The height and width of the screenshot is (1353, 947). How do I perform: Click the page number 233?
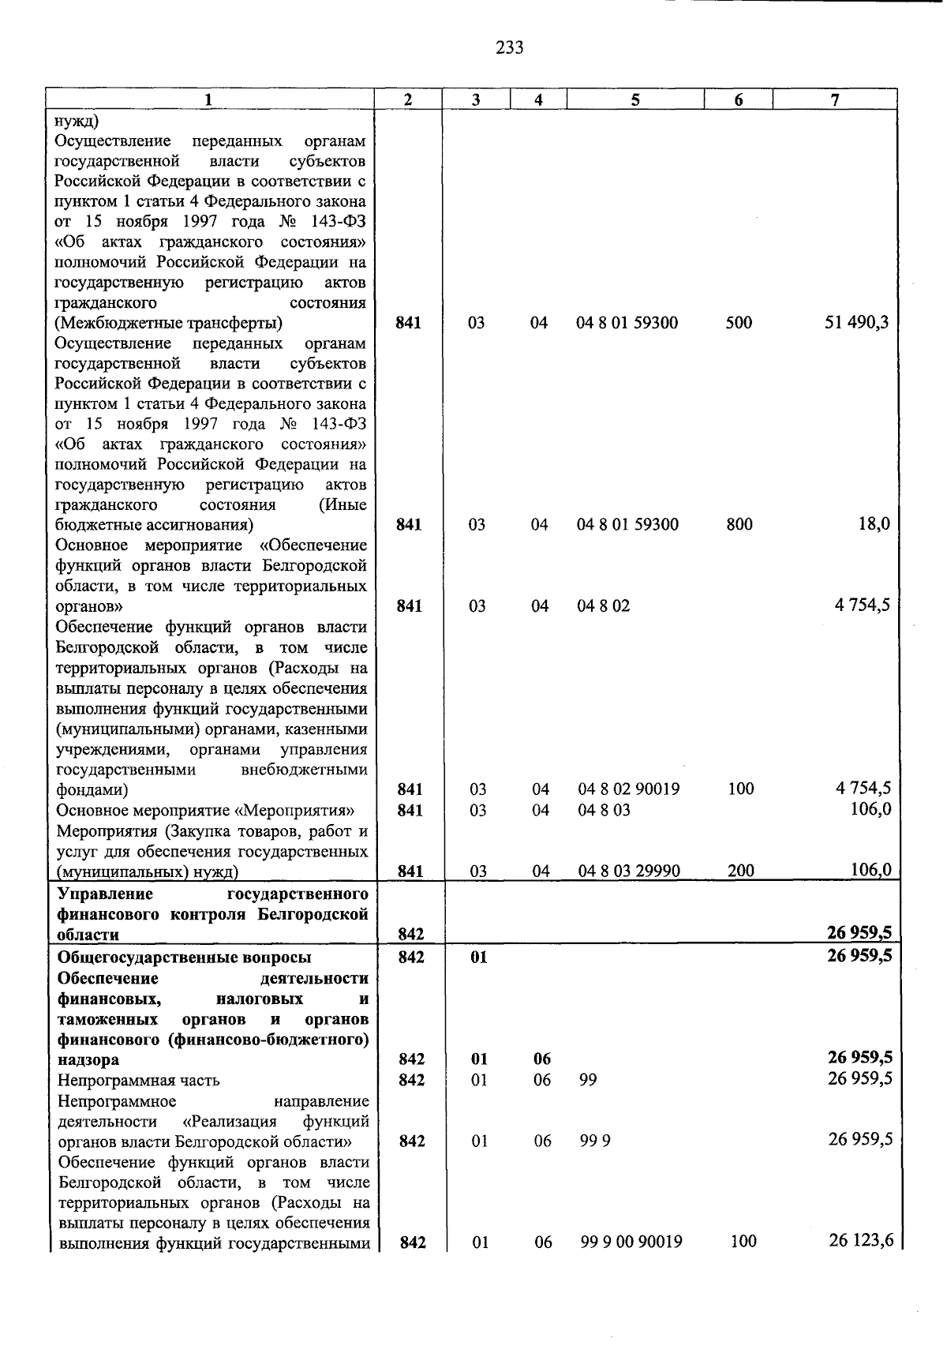tap(510, 48)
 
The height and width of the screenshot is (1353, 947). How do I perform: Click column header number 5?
tap(635, 99)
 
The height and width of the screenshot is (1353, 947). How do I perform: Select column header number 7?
tap(835, 99)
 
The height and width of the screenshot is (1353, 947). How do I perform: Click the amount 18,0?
tap(874, 525)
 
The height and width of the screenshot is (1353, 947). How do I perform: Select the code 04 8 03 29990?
tap(629, 871)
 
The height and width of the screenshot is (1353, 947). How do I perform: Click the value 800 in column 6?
tap(739, 525)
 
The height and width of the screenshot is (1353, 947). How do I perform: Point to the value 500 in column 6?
tap(739, 323)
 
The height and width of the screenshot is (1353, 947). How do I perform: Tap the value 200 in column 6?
tap(741, 871)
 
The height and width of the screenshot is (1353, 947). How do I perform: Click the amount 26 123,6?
tap(861, 1241)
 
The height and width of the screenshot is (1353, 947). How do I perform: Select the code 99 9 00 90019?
tap(631, 1242)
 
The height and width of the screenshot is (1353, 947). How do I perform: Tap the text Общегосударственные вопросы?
tap(185, 958)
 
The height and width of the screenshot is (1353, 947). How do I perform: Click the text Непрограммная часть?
tap(139, 1080)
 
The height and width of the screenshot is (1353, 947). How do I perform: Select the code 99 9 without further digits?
tap(595, 1141)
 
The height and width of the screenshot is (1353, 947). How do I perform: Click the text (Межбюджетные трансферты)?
tap(169, 323)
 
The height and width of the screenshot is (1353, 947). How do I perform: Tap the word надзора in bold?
tap(88, 1059)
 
